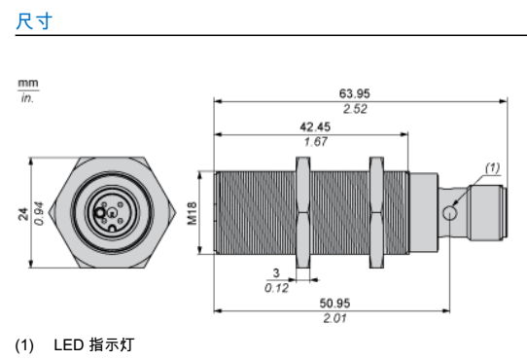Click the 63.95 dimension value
pos(354,93)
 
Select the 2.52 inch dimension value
pos(355,109)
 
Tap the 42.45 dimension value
pos(315,126)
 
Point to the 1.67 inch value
pos(315,142)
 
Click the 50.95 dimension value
pos(334,304)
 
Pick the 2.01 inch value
pos(334,318)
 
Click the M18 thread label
pos(192,213)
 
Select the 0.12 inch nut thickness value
pos(276,288)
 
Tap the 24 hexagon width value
pos(23,214)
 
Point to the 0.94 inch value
pos(39,213)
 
